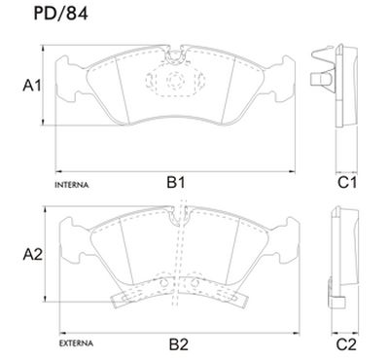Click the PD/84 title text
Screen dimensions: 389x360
tap(60, 14)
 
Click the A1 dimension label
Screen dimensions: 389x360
tap(32, 86)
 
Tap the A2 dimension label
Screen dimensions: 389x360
tap(33, 255)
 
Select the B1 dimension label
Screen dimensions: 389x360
tap(176, 183)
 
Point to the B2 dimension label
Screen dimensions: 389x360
tap(179, 344)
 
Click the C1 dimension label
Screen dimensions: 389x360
tap(347, 183)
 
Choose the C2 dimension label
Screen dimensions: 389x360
tap(346, 344)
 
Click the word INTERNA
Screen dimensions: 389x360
tap(72, 185)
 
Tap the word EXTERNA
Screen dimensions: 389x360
tap(76, 343)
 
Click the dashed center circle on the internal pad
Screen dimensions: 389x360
tap(175, 80)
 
